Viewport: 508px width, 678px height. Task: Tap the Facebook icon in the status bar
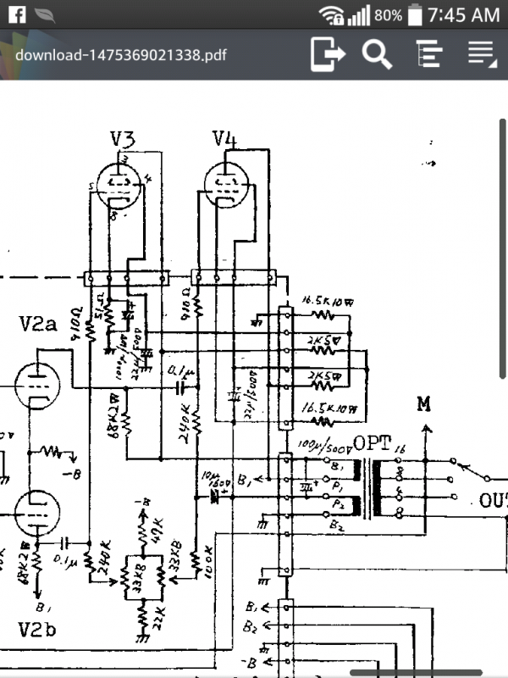click(16, 14)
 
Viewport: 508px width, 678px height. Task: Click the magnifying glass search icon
click(377, 54)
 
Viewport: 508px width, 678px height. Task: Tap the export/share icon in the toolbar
click(329, 54)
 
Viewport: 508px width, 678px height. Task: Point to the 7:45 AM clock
click(464, 14)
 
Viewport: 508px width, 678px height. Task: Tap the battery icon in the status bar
click(414, 14)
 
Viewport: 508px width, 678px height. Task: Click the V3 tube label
click(124, 139)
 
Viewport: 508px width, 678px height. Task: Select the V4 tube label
click(224, 139)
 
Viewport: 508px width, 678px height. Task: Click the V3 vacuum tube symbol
click(119, 183)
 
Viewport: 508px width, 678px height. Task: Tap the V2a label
click(38, 325)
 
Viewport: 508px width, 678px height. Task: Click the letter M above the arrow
click(424, 403)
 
